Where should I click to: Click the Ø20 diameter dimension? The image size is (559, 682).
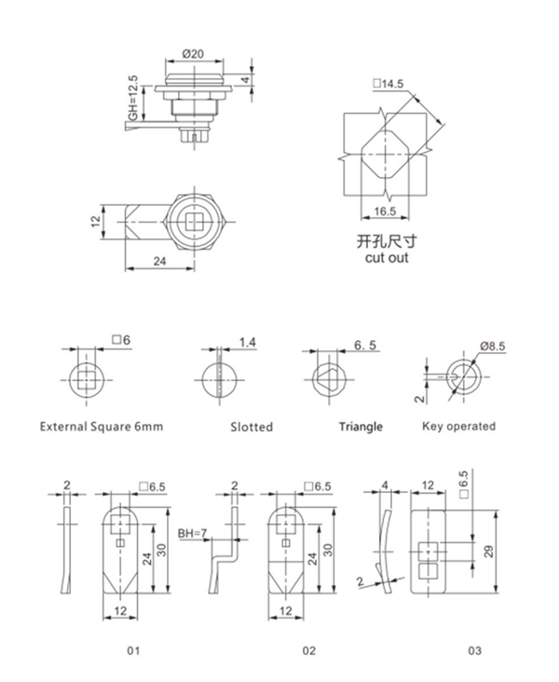[193, 54]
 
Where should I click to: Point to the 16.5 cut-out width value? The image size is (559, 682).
[382, 211]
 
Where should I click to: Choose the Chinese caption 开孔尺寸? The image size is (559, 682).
[382, 240]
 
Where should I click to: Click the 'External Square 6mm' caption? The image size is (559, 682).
[102, 427]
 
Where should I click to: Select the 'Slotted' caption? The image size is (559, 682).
[252, 427]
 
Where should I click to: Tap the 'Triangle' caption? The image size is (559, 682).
[360, 427]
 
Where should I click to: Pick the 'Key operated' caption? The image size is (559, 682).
[459, 427]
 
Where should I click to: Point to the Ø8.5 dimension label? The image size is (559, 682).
[491, 346]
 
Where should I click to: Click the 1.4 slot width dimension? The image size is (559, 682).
[247, 344]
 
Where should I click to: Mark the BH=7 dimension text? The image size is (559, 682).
[193, 535]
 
